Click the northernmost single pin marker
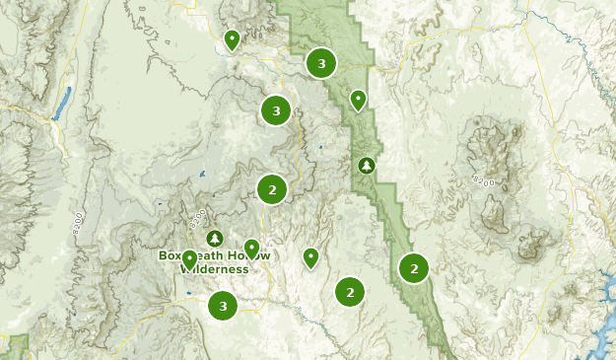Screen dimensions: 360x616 pos(232,39)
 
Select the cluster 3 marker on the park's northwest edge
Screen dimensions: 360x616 pos(321,63)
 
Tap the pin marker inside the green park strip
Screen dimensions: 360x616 pos(358,100)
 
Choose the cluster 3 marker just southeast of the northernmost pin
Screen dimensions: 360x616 pos(276,110)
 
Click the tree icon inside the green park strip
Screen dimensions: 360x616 pos(367,165)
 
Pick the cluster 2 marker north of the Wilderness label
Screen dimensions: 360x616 pos(272,188)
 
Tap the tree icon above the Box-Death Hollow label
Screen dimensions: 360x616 pos(215,239)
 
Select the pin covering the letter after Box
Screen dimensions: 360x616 pos(189,259)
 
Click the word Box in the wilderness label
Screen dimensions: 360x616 pos(170,254)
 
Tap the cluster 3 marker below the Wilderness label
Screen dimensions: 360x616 pos(224,306)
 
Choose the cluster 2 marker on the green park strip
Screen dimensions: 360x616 pos(414,267)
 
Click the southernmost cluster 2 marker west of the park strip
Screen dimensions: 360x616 pos(350,291)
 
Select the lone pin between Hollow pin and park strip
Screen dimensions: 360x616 pos(310,257)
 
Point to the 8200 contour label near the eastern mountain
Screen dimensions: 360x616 pos(483,180)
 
